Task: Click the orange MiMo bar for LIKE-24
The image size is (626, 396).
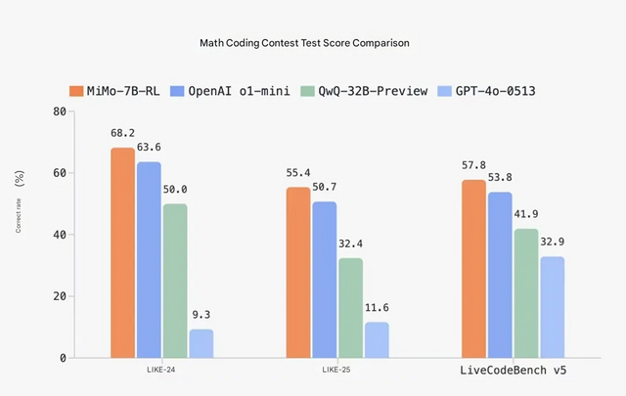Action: [123, 252]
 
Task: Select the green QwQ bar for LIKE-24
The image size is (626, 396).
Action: [175, 281]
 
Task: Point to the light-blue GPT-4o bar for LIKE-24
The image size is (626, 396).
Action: [201, 343]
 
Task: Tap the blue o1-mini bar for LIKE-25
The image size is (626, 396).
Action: [325, 280]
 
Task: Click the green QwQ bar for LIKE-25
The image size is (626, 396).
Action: [350, 308]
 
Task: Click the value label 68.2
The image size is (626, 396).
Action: [123, 132]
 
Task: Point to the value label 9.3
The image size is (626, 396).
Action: [201, 314]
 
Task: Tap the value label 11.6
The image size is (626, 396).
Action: [377, 307]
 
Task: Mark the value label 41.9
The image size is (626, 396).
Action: [526, 213]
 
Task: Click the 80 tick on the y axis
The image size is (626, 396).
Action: [58, 111]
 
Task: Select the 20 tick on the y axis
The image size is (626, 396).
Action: [58, 296]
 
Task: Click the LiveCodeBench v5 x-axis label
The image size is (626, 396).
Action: [514, 373]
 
